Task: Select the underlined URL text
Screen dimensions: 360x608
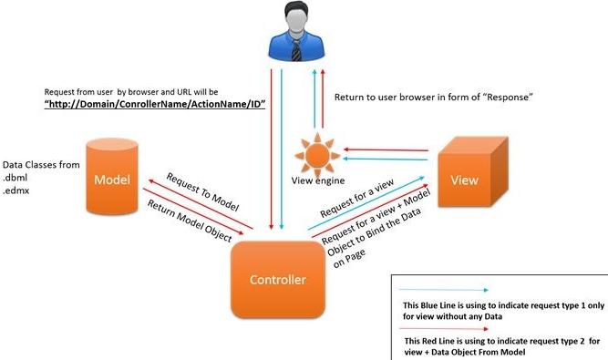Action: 154,105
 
